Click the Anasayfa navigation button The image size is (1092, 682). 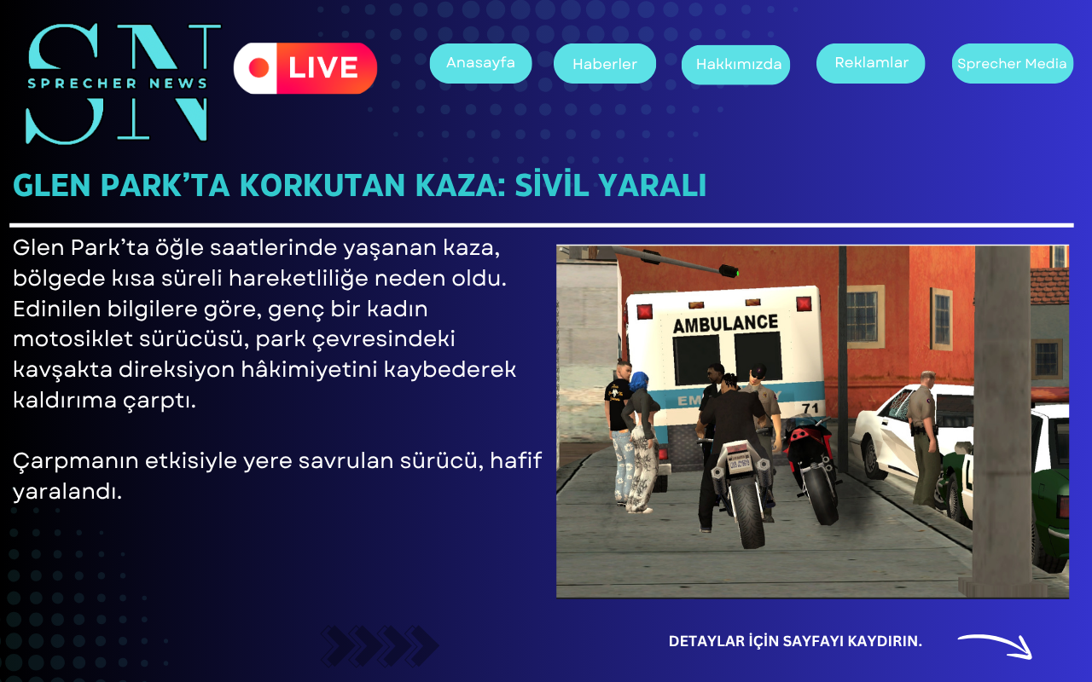pyautogui.click(x=480, y=63)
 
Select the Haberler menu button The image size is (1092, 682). pyautogui.click(x=605, y=63)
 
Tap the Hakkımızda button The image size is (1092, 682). pyautogui.click(x=736, y=64)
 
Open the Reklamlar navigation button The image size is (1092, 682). pyautogui.click(x=871, y=63)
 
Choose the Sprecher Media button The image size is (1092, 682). pyautogui.click(x=1013, y=63)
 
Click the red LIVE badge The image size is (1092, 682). pyautogui.click(x=305, y=68)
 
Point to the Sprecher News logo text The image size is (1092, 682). pyautogui.click(x=118, y=84)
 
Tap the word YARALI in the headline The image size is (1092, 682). pyautogui.click(x=652, y=185)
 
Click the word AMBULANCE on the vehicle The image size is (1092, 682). pyautogui.click(x=726, y=323)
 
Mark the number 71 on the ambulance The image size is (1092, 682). pyautogui.click(x=810, y=407)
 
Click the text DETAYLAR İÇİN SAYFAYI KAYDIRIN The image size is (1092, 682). pyautogui.click(x=795, y=641)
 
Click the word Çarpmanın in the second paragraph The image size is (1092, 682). pyautogui.click(x=76, y=461)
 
